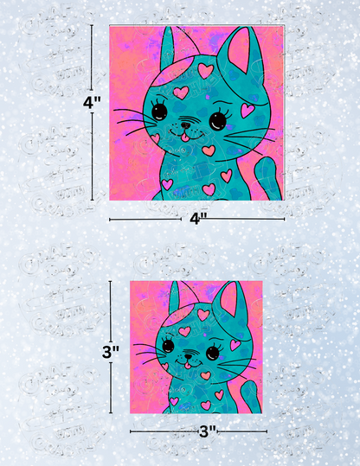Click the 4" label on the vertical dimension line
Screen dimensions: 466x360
(x=92, y=101)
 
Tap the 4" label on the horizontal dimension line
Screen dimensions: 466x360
(x=197, y=220)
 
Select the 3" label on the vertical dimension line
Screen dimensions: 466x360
(x=110, y=352)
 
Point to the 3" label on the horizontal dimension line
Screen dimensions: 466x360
(x=208, y=431)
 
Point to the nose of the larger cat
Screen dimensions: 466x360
(x=185, y=124)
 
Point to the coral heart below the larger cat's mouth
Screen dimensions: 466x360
(x=208, y=150)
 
